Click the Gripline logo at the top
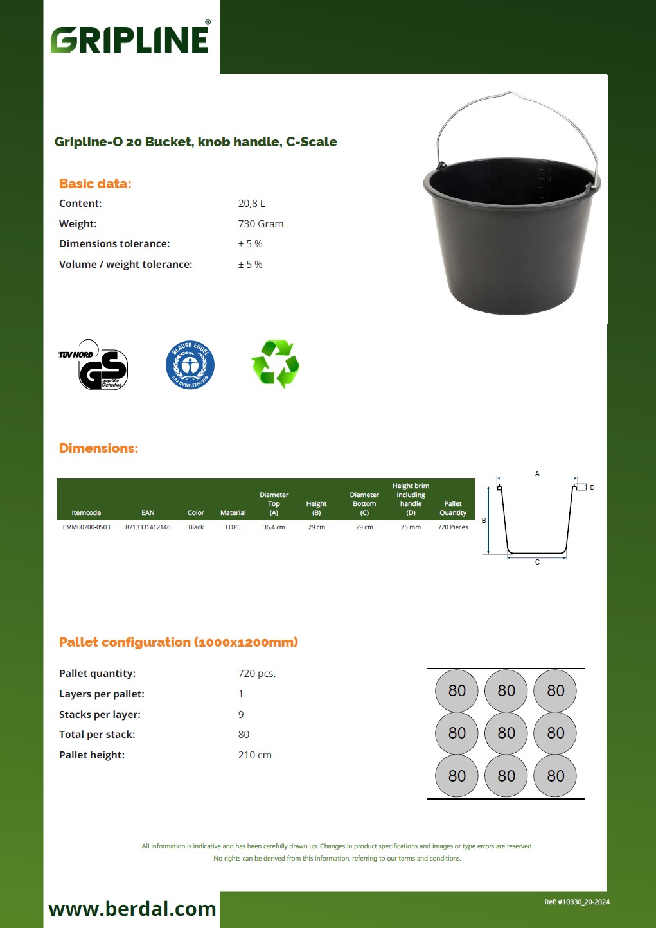pos(130,39)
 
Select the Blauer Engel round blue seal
pos(190,365)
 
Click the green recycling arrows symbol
pos(276,364)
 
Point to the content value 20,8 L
pos(251,204)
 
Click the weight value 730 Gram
pos(260,224)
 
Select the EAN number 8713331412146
pos(148,527)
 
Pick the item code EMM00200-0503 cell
pos(86,527)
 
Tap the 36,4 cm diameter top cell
pos(274,527)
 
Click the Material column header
pos(233,513)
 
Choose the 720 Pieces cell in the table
pos(453,527)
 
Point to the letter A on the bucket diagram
pos(537,474)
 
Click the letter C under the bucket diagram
pos(537,563)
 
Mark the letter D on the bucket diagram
pos(592,488)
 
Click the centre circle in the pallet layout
pos(506,733)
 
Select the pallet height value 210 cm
pos(254,755)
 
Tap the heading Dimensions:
pos(98,448)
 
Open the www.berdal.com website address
pos(132,909)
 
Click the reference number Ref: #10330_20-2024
pos(576,902)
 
